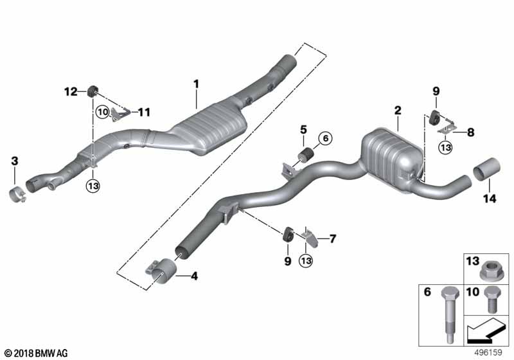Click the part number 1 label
[x=197, y=84]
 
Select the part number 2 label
[x=398, y=111]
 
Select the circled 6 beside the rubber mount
[x=324, y=138]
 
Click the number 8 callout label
[x=470, y=133]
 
